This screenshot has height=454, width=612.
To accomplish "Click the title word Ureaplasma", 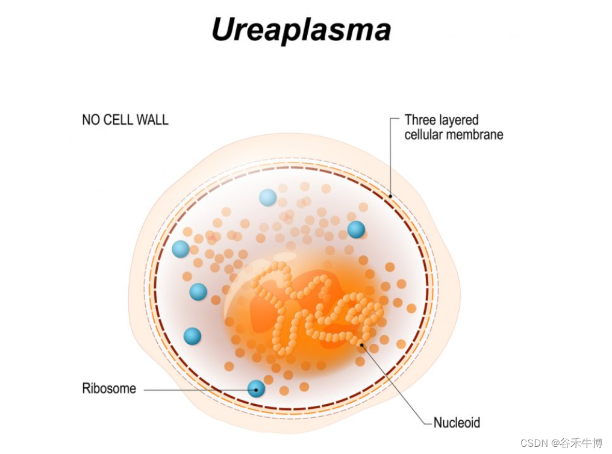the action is tap(301, 30).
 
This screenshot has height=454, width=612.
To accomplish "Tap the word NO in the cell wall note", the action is tap(90, 120).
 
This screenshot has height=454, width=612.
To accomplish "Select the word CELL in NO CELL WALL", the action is tap(119, 120).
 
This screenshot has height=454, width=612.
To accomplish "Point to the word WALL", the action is tap(152, 120).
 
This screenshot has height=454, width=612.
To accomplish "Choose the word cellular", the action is tap(425, 134).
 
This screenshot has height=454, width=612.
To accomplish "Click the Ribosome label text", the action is tap(109, 388).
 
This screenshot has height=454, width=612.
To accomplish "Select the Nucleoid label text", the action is tap(457, 422).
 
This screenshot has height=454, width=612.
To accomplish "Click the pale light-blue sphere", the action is tap(267, 197).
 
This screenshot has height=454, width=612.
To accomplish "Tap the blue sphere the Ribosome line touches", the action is tap(257, 388).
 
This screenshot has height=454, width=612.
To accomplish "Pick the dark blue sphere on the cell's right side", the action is tap(356, 229).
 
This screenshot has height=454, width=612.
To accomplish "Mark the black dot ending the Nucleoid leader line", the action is tap(361, 345).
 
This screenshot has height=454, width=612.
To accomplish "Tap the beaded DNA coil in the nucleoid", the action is tap(313, 307).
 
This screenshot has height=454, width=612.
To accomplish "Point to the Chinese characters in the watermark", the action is tap(581, 443).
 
